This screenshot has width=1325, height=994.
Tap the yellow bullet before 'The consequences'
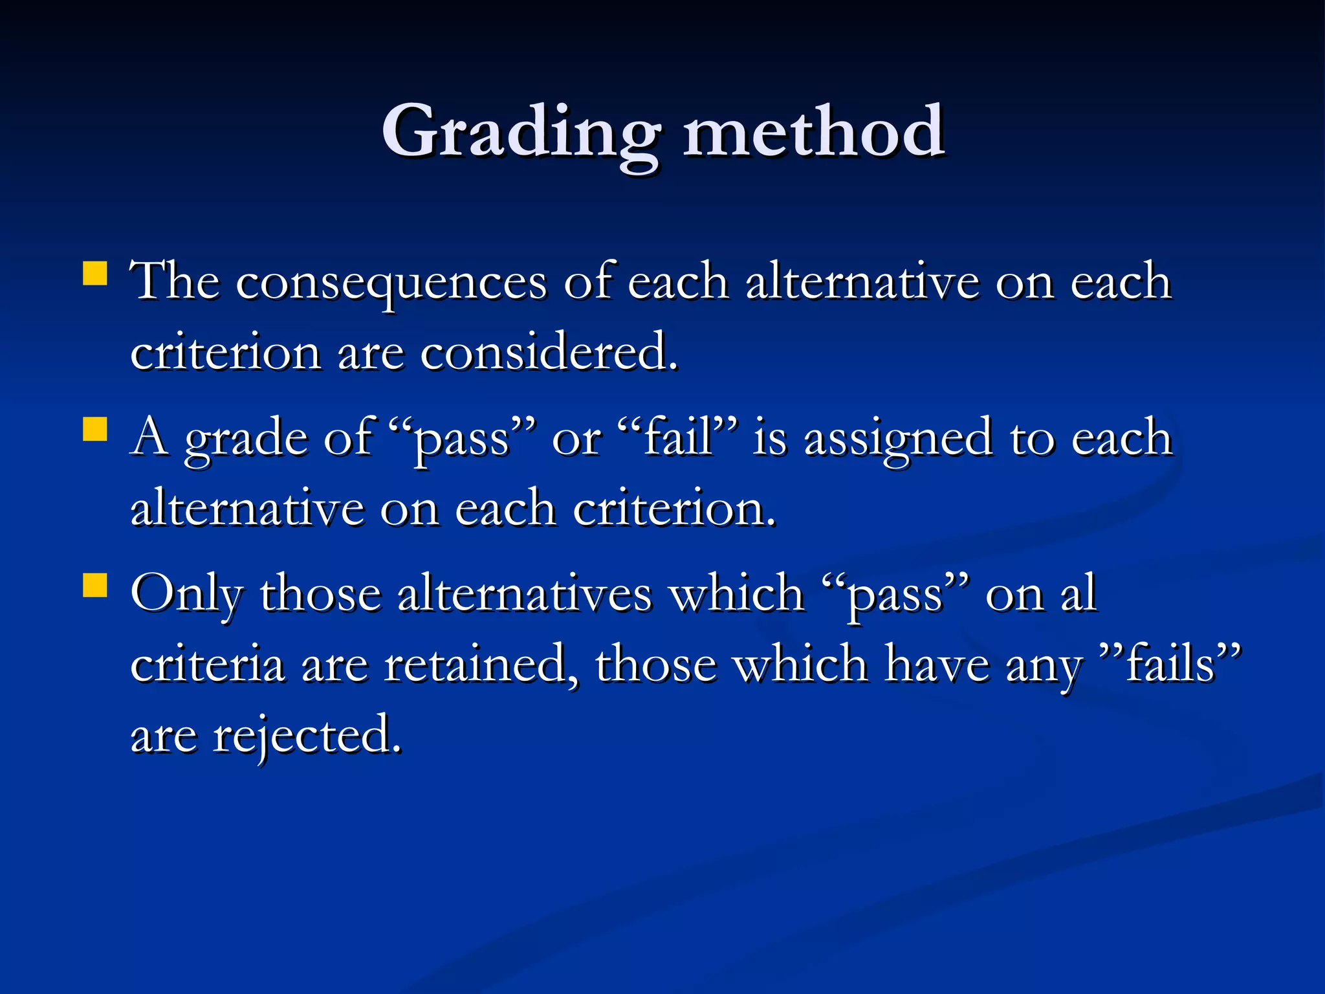[95, 274]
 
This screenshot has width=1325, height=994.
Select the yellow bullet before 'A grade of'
[95, 429]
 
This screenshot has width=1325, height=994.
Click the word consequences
[391, 283]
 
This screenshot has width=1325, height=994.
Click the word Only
[186, 594]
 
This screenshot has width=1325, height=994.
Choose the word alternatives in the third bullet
[524, 594]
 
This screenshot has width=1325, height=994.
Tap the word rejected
[307, 736]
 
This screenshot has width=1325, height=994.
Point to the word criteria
[207, 665]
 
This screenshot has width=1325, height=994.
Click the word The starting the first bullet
[175, 282]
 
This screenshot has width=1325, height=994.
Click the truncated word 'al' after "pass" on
[1078, 594]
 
